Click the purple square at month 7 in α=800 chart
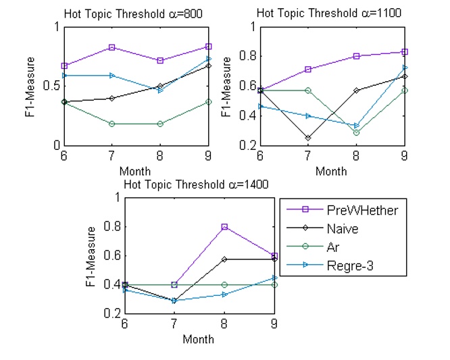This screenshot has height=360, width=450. click(111, 47)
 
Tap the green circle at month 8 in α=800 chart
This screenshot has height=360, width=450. click(160, 124)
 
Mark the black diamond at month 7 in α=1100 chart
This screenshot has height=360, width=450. click(307, 138)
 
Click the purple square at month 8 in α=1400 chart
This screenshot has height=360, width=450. click(224, 227)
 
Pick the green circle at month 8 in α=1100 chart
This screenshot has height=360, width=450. click(356, 132)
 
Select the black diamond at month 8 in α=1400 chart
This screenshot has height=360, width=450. click(224, 259)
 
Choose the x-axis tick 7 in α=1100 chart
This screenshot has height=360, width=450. click(307, 156)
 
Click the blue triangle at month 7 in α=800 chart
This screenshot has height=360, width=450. click(111, 76)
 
